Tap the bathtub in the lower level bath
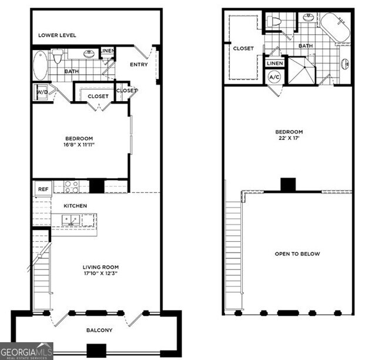click(40, 65)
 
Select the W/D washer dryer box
click(42, 92)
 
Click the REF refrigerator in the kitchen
click(43, 189)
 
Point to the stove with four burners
click(71, 186)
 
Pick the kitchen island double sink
click(72, 221)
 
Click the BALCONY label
click(99, 330)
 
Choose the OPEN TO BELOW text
click(297, 254)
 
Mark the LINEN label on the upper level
click(275, 63)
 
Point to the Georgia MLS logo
click(26, 351)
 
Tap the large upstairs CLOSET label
click(243, 48)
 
